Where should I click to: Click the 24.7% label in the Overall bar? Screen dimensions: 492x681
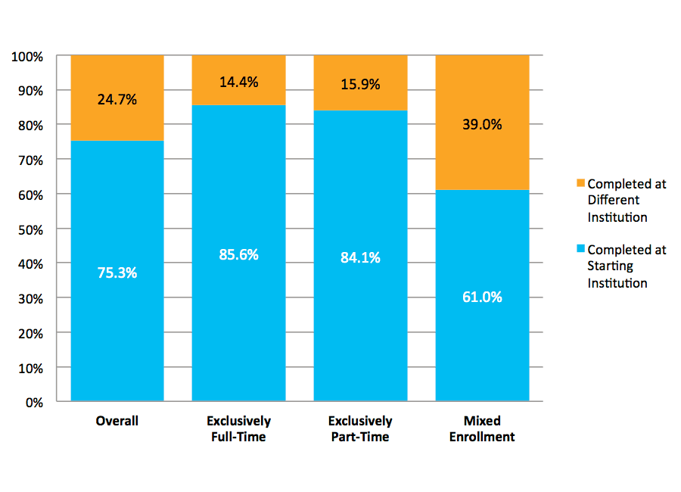pos(117,99)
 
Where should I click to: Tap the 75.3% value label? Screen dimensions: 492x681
pos(117,272)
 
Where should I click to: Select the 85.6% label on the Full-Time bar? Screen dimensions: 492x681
pos(238,255)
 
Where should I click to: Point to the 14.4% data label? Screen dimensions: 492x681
pos(238,82)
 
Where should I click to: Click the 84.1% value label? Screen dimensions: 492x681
pos(360,257)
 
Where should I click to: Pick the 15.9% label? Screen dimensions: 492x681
pos(360,84)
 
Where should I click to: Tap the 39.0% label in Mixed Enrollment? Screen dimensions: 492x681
pos(482,125)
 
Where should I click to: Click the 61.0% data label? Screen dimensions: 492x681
pos(482,297)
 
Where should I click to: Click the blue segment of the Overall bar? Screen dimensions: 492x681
pos(117,333)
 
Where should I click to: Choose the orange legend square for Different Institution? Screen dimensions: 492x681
pos(580,184)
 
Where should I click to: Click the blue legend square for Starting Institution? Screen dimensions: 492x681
pos(580,249)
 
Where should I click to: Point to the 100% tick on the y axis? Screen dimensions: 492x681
pos(27,57)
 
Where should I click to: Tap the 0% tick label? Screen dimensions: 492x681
pos(34,403)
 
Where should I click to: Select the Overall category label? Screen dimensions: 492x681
pos(117,421)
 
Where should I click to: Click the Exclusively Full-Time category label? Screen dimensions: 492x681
pos(238,428)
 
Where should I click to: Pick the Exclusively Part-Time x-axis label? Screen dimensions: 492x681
pos(360,428)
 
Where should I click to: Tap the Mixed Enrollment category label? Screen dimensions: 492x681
pos(482,428)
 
